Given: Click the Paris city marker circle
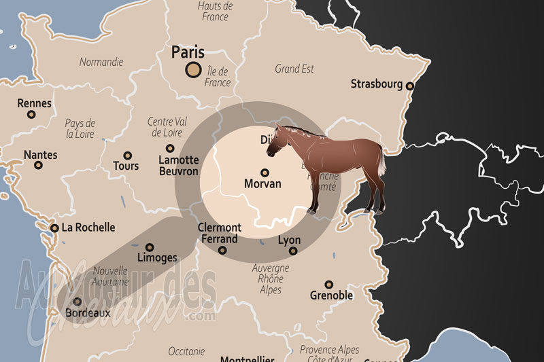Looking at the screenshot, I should pos(193,69).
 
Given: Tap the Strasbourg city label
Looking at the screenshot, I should pos(376,84).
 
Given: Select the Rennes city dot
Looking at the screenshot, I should pos(31,115).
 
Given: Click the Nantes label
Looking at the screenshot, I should pos(40,154).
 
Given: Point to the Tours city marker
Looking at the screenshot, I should pos(127,156).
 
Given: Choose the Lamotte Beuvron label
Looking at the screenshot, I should pos(178,166).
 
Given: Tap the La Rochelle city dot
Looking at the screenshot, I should pos(54,228).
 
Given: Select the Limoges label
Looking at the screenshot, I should pos(156,257).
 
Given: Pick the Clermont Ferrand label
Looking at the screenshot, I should pos(219,233).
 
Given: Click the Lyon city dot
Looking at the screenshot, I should pos(293,251).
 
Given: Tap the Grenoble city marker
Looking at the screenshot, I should pos(328,285).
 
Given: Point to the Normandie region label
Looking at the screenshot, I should pos(101,62).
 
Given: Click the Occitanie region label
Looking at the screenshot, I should pos(186,351).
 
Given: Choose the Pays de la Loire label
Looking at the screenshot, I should pos(80,128).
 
